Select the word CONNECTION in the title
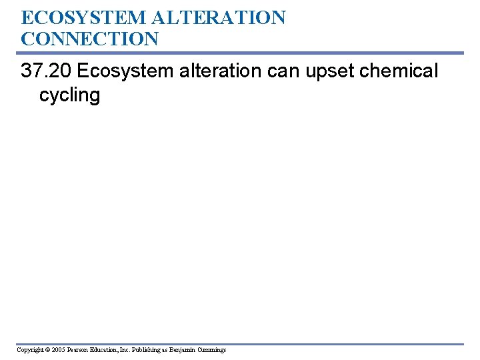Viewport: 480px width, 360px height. tap(90, 39)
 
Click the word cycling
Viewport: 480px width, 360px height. tap(69, 95)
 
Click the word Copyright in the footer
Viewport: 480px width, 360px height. tap(30, 350)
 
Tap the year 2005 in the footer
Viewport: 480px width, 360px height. tap(57, 350)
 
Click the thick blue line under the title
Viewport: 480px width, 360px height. tap(240, 53)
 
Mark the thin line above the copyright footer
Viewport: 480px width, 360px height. tap(240, 344)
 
